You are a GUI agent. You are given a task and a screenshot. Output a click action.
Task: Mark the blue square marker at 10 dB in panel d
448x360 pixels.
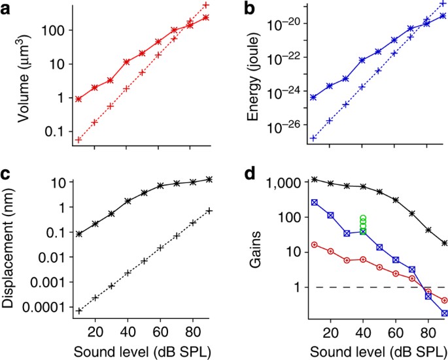[314, 203]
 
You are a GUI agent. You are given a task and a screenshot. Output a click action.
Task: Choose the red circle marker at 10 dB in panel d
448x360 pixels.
[314, 245]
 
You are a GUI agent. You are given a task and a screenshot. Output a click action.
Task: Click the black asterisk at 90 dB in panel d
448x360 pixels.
[445, 243]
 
